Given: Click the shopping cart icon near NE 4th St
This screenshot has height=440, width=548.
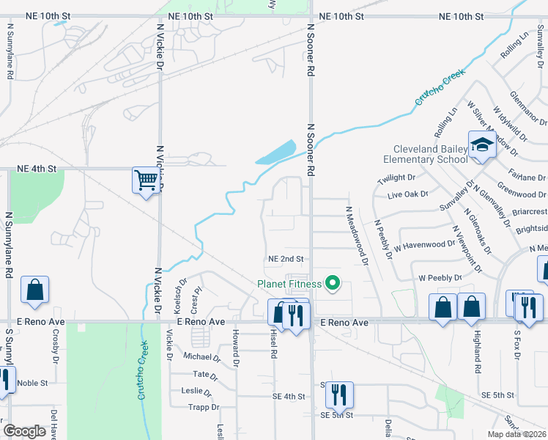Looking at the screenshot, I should click(146, 180).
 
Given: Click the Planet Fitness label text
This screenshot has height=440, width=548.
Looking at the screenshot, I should click(289, 284).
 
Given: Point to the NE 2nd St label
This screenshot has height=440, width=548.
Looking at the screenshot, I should click(286, 259).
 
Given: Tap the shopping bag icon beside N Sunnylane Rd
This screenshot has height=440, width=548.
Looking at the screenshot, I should click(34, 290).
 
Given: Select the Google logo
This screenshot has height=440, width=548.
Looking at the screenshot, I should click(24, 431).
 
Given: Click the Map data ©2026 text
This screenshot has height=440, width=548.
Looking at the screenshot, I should click(516, 434).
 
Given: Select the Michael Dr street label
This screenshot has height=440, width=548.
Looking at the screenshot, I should click(201, 357).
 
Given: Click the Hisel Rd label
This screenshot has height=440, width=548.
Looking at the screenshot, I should click(274, 344).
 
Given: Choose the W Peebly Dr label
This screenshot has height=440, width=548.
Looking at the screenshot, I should click(440, 279).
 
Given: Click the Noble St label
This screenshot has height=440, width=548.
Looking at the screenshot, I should click(32, 383).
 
